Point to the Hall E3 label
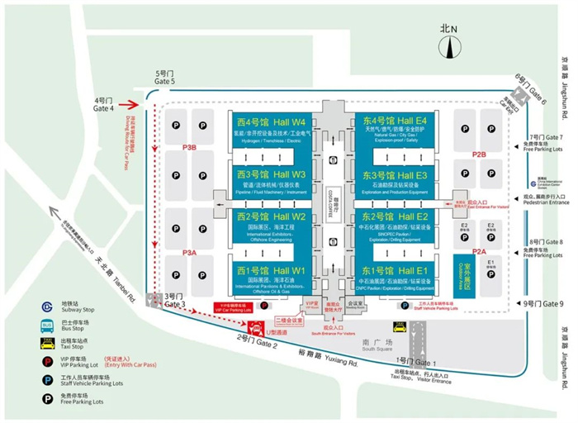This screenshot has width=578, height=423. pos(394,175)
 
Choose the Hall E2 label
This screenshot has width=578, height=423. pos(394,217)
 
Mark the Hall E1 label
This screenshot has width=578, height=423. pos(394,270)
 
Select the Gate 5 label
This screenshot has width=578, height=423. pos(166,78)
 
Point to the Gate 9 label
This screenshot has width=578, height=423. pos(542,303)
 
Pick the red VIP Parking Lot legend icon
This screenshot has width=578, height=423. pos(45,359)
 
